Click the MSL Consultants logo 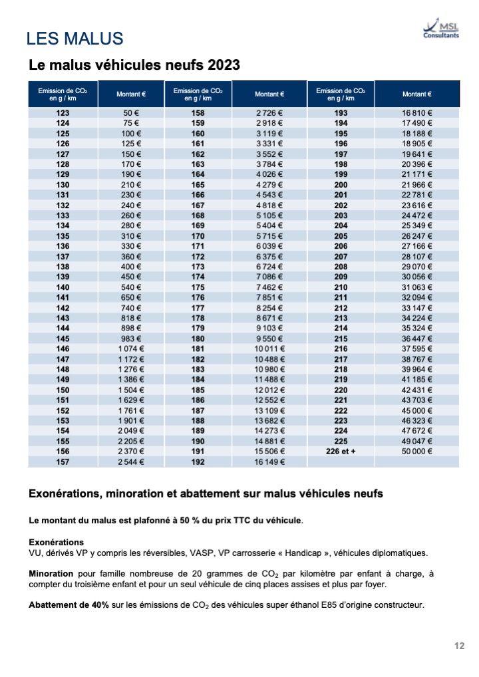click(x=441, y=29)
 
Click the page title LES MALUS click(x=75, y=39)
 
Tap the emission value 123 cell click(x=63, y=112)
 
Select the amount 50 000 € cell click(x=417, y=451)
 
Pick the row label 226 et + click(x=341, y=451)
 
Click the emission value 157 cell click(x=63, y=462)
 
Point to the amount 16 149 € click(x=269, y=462)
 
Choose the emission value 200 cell click(x=341, y=184)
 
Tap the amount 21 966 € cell click(x=417, y=184)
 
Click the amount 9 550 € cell click(x=269, y=338)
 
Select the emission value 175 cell click(x=198, y=287)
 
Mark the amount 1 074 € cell click(x=131, y=348)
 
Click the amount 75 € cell click(x=131, y=122)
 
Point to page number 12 click(x=460, y=646)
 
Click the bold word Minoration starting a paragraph click(x=51, y=574)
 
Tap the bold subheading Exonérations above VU click(x=56, y=542)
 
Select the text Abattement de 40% click(x=69, y=605)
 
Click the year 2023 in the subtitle click(x=224, y=65)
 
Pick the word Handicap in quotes click(x=303, y=553)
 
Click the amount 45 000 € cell click(x=417, y=410)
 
